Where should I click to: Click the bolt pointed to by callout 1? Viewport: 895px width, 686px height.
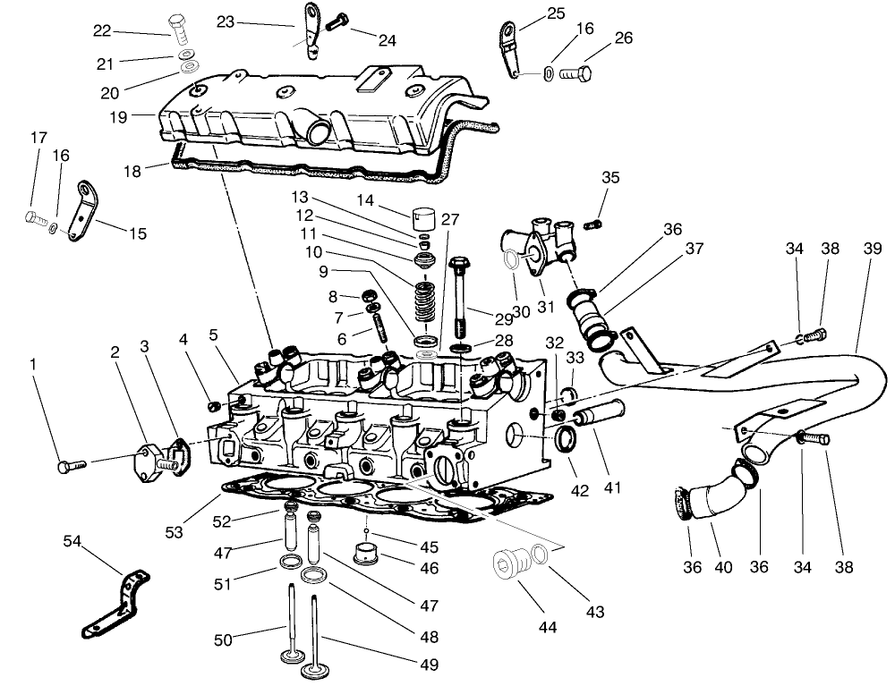click(x=70, y=465)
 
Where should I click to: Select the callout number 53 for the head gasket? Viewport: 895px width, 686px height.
click(x=175, y=532)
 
